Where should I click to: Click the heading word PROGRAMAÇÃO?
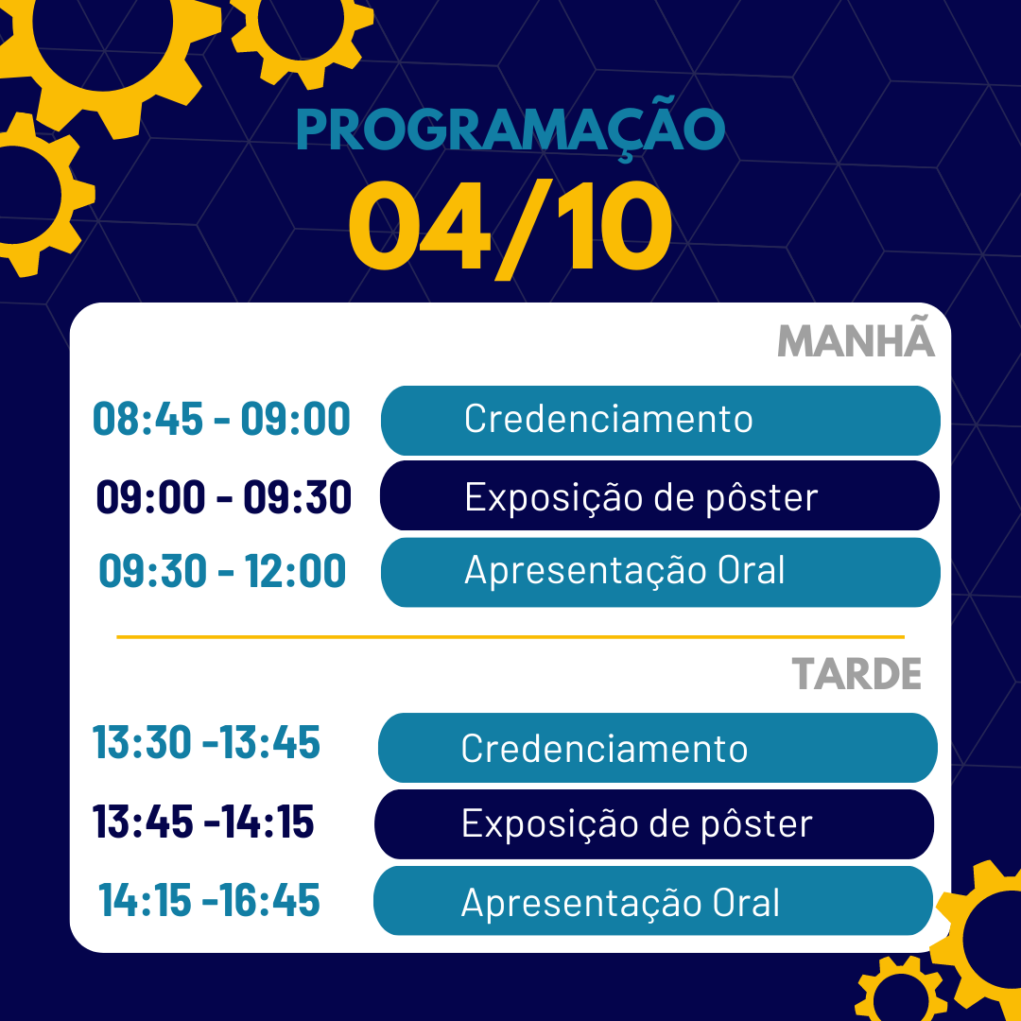pos(510,127)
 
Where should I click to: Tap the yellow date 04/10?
pos(510,227)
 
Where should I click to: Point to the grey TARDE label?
pos(857,673)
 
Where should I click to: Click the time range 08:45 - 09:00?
pos(221,419)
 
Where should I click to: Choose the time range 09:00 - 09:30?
pos(223,497)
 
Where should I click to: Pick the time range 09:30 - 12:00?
pos(222,571)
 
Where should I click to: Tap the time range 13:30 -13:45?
pos(206,742)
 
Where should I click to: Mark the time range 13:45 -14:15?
pos(203,822)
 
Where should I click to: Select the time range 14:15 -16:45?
pos(209,900)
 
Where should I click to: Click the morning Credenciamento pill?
pos(660,421)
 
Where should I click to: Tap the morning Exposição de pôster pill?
pos(660,495)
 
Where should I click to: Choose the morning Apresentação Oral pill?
pos(660,572)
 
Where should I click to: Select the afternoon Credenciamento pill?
pos(658,748)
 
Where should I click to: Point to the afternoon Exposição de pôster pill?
pos(654,824)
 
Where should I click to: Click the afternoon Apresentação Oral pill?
pos(653,901)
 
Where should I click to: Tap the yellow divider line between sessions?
pos(510,637)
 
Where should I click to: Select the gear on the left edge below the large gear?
pos(39,194)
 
